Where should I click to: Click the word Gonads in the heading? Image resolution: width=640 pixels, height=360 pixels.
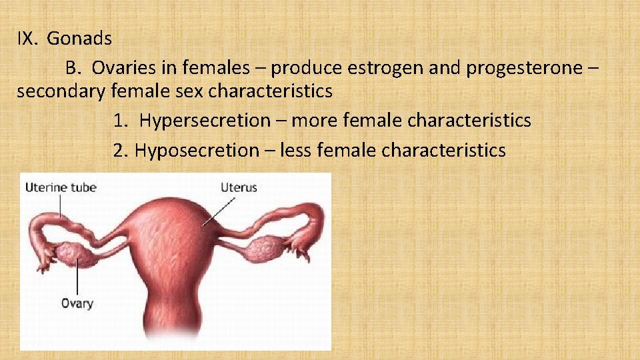[x=79, y=39]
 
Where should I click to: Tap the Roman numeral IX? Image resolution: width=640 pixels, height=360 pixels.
[x=28, y=39]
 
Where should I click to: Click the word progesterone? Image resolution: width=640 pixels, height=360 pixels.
[x=521, y=68]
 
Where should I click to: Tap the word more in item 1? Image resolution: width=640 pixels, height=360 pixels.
[x=315, y=121]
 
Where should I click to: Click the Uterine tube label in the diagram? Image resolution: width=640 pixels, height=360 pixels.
[x=61, y=187]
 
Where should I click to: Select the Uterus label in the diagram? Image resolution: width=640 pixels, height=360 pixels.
[x=239, y=187]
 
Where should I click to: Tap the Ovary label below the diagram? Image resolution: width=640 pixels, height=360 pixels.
[x=77, y=303]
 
